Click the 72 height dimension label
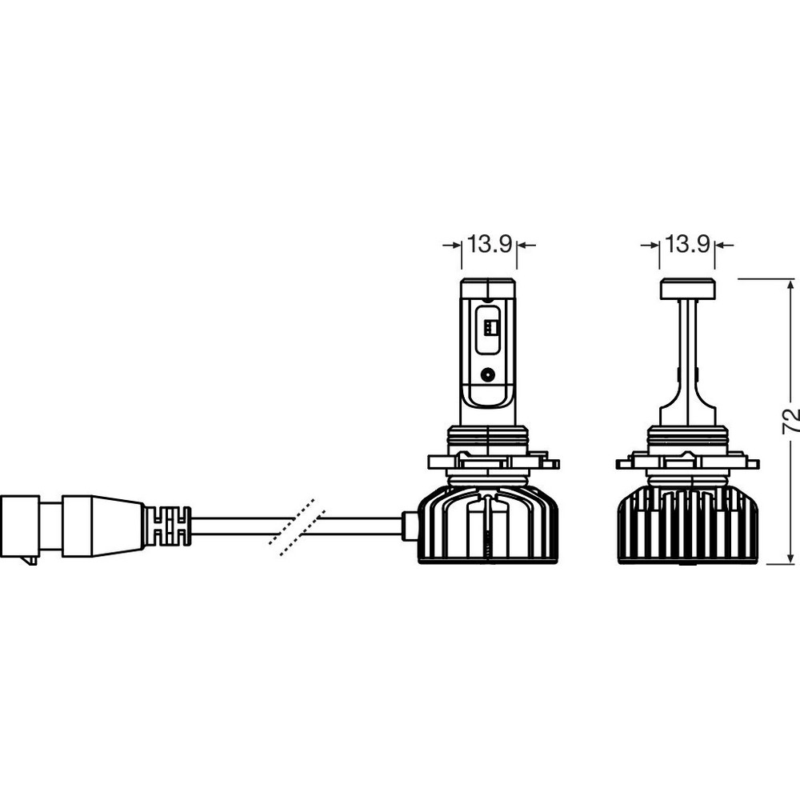point(790,421)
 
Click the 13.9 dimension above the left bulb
point(490,244)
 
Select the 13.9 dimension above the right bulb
point(687,244)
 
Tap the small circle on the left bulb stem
point(488,375)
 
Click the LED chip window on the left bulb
point(488,330)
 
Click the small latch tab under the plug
point(30,560)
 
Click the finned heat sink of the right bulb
point(686,525)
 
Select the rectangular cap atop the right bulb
point(686,289)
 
